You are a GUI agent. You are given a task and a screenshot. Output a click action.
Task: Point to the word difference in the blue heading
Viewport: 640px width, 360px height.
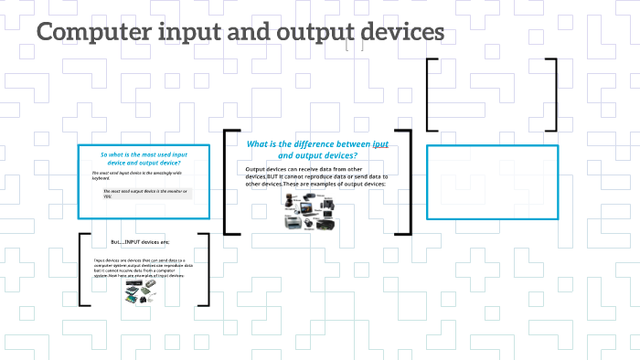coord(333,144)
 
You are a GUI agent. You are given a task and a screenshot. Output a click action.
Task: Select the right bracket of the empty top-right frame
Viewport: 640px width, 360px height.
coord(552,95)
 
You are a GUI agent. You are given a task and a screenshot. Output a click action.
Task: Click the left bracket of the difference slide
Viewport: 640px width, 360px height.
coord(228,182)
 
